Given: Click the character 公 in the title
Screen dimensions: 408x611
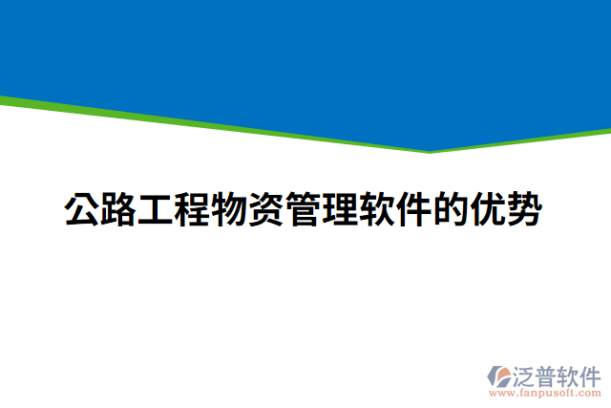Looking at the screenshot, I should tap(82, 210).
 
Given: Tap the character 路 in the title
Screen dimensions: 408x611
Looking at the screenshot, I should tap(119, 210).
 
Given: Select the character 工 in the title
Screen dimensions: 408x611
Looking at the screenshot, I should tap(156, 210).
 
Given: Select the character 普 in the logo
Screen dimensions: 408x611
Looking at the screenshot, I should tap(549, 373).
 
